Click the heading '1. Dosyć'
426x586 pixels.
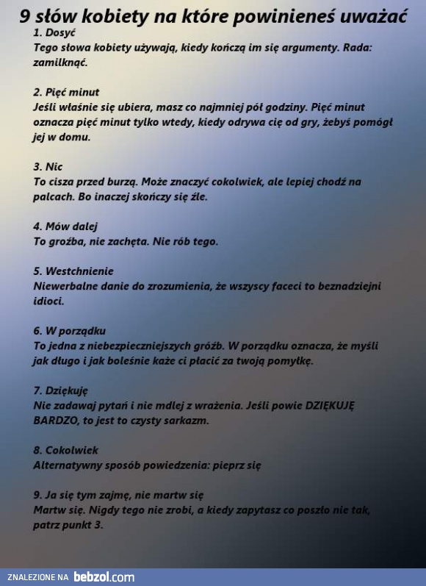click(x=54, y=33)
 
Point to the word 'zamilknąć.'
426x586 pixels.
click(x=60, y=62)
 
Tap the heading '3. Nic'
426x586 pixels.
click(x=48, y=167)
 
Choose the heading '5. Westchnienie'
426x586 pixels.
click(x=73, y=271)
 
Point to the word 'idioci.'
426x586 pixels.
click(x=48, y=301)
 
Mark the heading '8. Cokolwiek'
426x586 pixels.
click(x=65, y=450)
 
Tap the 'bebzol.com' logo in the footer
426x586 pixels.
click(x=104, y=577)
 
